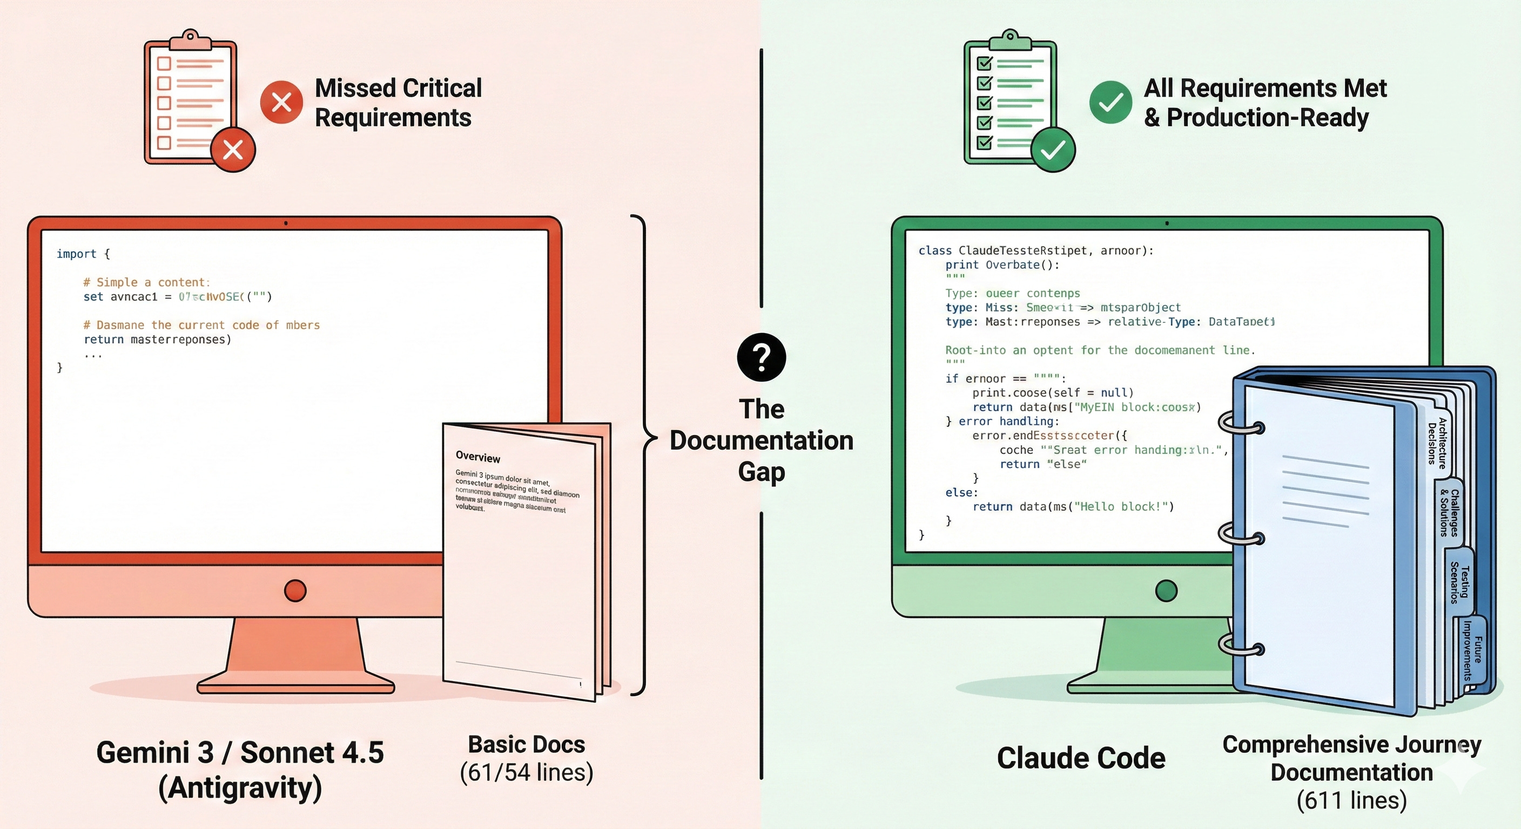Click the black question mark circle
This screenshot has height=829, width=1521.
pyautogui.click(x=761, y=357)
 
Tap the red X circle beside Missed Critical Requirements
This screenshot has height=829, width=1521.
pyautogui.click(x=281, y=102)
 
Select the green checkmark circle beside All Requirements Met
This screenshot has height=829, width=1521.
pyautogui.click(x=1110, y=102)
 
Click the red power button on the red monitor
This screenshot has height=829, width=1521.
pyautogui.click(x=295, y=590)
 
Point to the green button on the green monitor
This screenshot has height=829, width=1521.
pyautogui.click(x=1166, y=590)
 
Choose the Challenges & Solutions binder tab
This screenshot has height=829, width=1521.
pyautogui.click(x=1450, y=512)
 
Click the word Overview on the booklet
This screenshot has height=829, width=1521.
pyautogui.click(x=477, y=457)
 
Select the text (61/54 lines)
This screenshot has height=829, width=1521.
pyautogui.click(x=526, y=772)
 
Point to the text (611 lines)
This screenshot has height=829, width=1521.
pyautogui.click(x=1351, y=800)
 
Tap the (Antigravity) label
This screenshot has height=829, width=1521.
pyautogui.click(x=240, y=787)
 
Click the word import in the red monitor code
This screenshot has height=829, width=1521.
pyautogui.click(x=76, y=254)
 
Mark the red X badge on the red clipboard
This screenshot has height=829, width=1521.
pyautogui.click(x=233, y=150)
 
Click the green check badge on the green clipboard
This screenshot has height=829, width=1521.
pyautogui.click(x=1053, y=150)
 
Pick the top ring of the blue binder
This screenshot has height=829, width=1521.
pyautogui.click(x=1242, y=426)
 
